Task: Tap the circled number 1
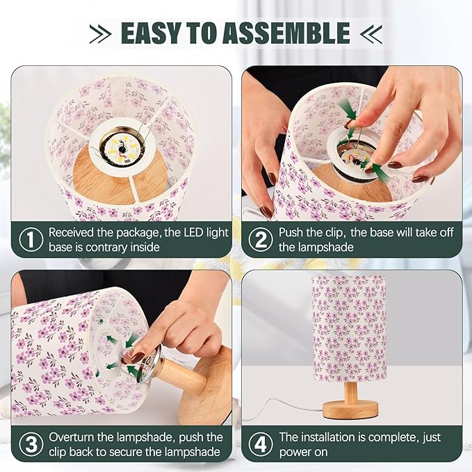(x=30, y=240)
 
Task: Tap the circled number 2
(x=261, y=240)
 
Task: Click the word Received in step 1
(x=74, y=233)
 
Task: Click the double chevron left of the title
(x=101, y=33)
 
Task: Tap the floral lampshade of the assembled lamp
(x=348, y=327)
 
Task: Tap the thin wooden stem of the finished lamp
(x=352, y=391)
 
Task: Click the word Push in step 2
(x=292, y=233)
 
